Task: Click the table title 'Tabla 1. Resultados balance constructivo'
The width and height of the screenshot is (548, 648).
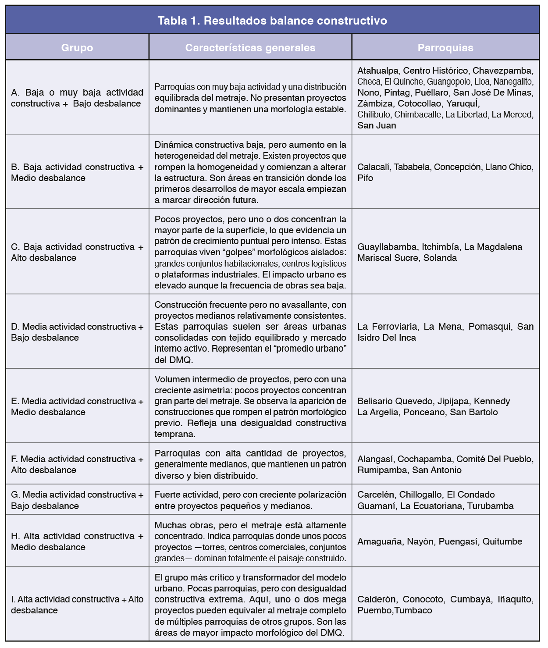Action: (x=272, y=21)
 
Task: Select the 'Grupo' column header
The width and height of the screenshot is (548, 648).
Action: (x=77, y=48)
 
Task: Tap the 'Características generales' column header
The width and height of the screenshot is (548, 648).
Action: (x=250, y=48)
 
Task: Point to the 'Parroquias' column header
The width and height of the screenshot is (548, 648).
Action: (x=445, y=48)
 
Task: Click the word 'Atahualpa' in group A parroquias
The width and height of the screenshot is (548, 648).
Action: (x=378, y=71)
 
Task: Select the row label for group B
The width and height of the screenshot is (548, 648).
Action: (x=77, y=172)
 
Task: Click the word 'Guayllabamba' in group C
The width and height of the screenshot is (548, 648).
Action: (x=387, y=247)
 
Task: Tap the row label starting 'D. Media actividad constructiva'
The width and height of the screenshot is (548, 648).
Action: (x=77, y=332)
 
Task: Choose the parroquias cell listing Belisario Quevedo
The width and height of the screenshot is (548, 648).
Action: (x=445, y=406)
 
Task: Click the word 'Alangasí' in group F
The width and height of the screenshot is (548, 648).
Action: (x=375, y=459)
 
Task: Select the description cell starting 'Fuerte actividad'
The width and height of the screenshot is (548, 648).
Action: (x=250, y=500)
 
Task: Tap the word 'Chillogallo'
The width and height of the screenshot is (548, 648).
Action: (x=420, y=495)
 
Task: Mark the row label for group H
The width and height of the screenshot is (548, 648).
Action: (x=77, y=541)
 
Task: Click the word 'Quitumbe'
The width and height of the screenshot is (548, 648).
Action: (x=502, y=541)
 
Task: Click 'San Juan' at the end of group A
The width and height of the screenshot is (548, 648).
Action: (x=377, y=125)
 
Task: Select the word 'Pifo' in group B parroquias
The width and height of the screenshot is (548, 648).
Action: (x=365, y=178)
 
